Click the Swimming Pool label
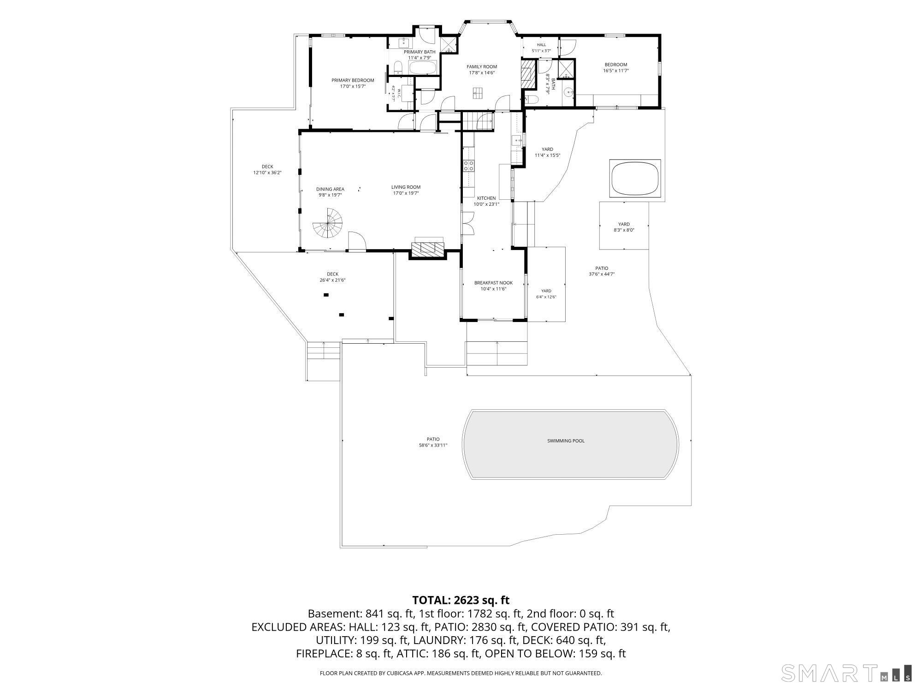pyautogui.click(x=566, y=441)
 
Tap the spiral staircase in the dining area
pyautogui.click(x=329, y=223)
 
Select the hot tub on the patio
pyautogui.click(x=635, y=178)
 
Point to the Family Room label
pyautogui.click(x=482, y=67)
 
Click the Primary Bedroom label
pyautogui.click(x=353, y=80)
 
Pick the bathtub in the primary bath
pyautogui.click(x=423, y=69)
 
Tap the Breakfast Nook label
pyautogui.click(x=493, y=283)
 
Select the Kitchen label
pyautogui.click(x=486, y=198)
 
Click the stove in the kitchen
pyautogui.click(x=469, y=166)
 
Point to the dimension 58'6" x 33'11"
pyautogui.click(x=430, y=445)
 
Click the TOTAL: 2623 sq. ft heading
pyautogui.click(x=461, y=600)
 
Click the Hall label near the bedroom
pyautogui.click(x=541, y=45)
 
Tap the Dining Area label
pyautogui.click(x=330, y=189)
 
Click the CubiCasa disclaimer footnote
pyautogui.click(x=461, y=674)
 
